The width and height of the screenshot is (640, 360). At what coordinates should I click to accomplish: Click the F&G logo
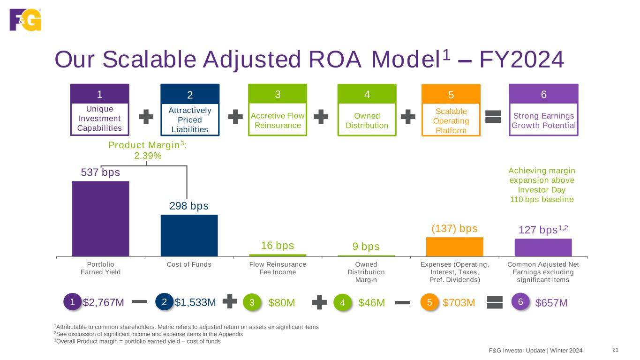pyautogui.click(x=25, y=20)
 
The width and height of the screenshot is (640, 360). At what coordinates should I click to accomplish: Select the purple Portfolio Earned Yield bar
pyautogui.click(x=100, y=219)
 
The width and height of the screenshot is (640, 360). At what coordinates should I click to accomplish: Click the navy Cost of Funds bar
pyautogui.click(x=189, y=236)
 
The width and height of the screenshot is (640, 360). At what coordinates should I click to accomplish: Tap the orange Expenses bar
pyautogui.click(x=455, y=247)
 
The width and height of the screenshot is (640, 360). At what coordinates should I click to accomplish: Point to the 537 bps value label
pyautogui.click(x=100, y=172)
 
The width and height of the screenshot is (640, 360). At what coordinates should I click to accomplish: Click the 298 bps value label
pyautogui.click(x=189, y=206)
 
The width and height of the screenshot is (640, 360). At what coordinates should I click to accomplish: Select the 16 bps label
pyautogui.click(x=278, y=246)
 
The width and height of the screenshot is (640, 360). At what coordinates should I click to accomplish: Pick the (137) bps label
pyautogui.click(x=454, y=229)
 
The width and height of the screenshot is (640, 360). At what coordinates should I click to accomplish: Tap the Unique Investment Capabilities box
pyautogui.click(x=100, y=110)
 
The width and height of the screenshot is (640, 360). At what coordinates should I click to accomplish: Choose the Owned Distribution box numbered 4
pyautogui.click(x=367, y=110)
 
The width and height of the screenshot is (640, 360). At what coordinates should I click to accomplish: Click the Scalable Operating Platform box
pyautogui.click(x=451, y=110)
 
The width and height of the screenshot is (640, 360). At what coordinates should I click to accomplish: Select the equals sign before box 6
pyautogui.click(x=493, y=117)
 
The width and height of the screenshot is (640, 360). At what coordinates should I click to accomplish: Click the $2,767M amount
pyautogui.click(x=104, y=302)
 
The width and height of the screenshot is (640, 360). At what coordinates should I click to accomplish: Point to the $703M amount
pyautogui.click(x=459, y=302)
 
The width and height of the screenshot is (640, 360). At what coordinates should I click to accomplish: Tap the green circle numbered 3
pyautogui.click(x=252, y=302)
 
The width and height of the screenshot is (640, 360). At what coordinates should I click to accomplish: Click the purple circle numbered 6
pyautogui.click(x=520, y=302)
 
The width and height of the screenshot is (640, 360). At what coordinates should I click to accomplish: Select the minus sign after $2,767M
pyautogui.click(x=139, y=302)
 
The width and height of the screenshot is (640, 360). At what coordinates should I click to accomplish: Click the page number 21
pyautogui.click(x=616, y=350)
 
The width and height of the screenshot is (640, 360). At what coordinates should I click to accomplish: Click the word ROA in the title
pyautogui.click(x=335, y=60)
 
